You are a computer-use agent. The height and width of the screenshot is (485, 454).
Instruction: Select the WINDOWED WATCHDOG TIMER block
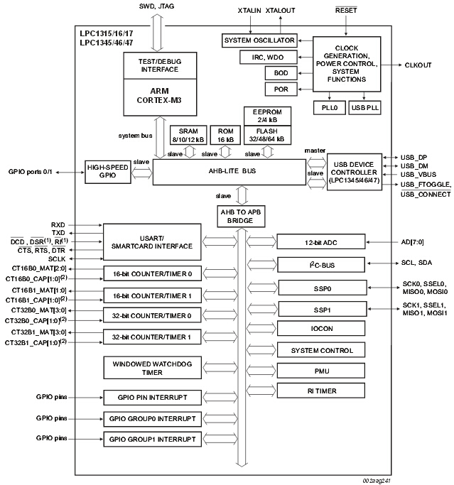[152, 367]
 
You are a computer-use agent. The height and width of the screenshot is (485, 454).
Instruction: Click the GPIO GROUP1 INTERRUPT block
[152, 439]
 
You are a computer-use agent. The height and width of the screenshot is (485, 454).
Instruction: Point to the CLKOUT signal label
[418, 65]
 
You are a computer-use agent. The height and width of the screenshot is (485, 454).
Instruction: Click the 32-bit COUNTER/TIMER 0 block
[152, 315]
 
